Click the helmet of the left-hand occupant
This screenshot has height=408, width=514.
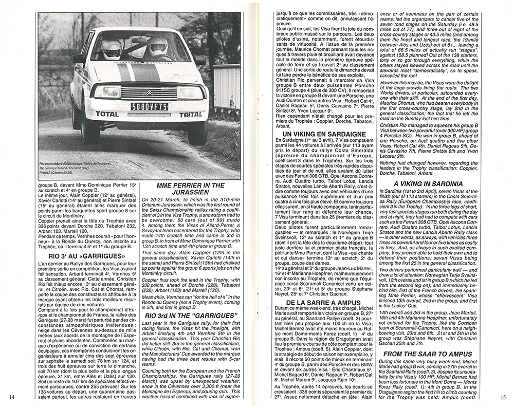(x=112, y=49)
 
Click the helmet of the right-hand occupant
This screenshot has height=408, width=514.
(x=157, y=49)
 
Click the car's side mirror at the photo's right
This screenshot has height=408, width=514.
(x=200, y=60)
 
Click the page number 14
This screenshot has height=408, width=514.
(x=12, y=396)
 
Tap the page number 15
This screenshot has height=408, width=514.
(x=503, y=396)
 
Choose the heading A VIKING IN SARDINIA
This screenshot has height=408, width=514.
(x=428, y=182)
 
